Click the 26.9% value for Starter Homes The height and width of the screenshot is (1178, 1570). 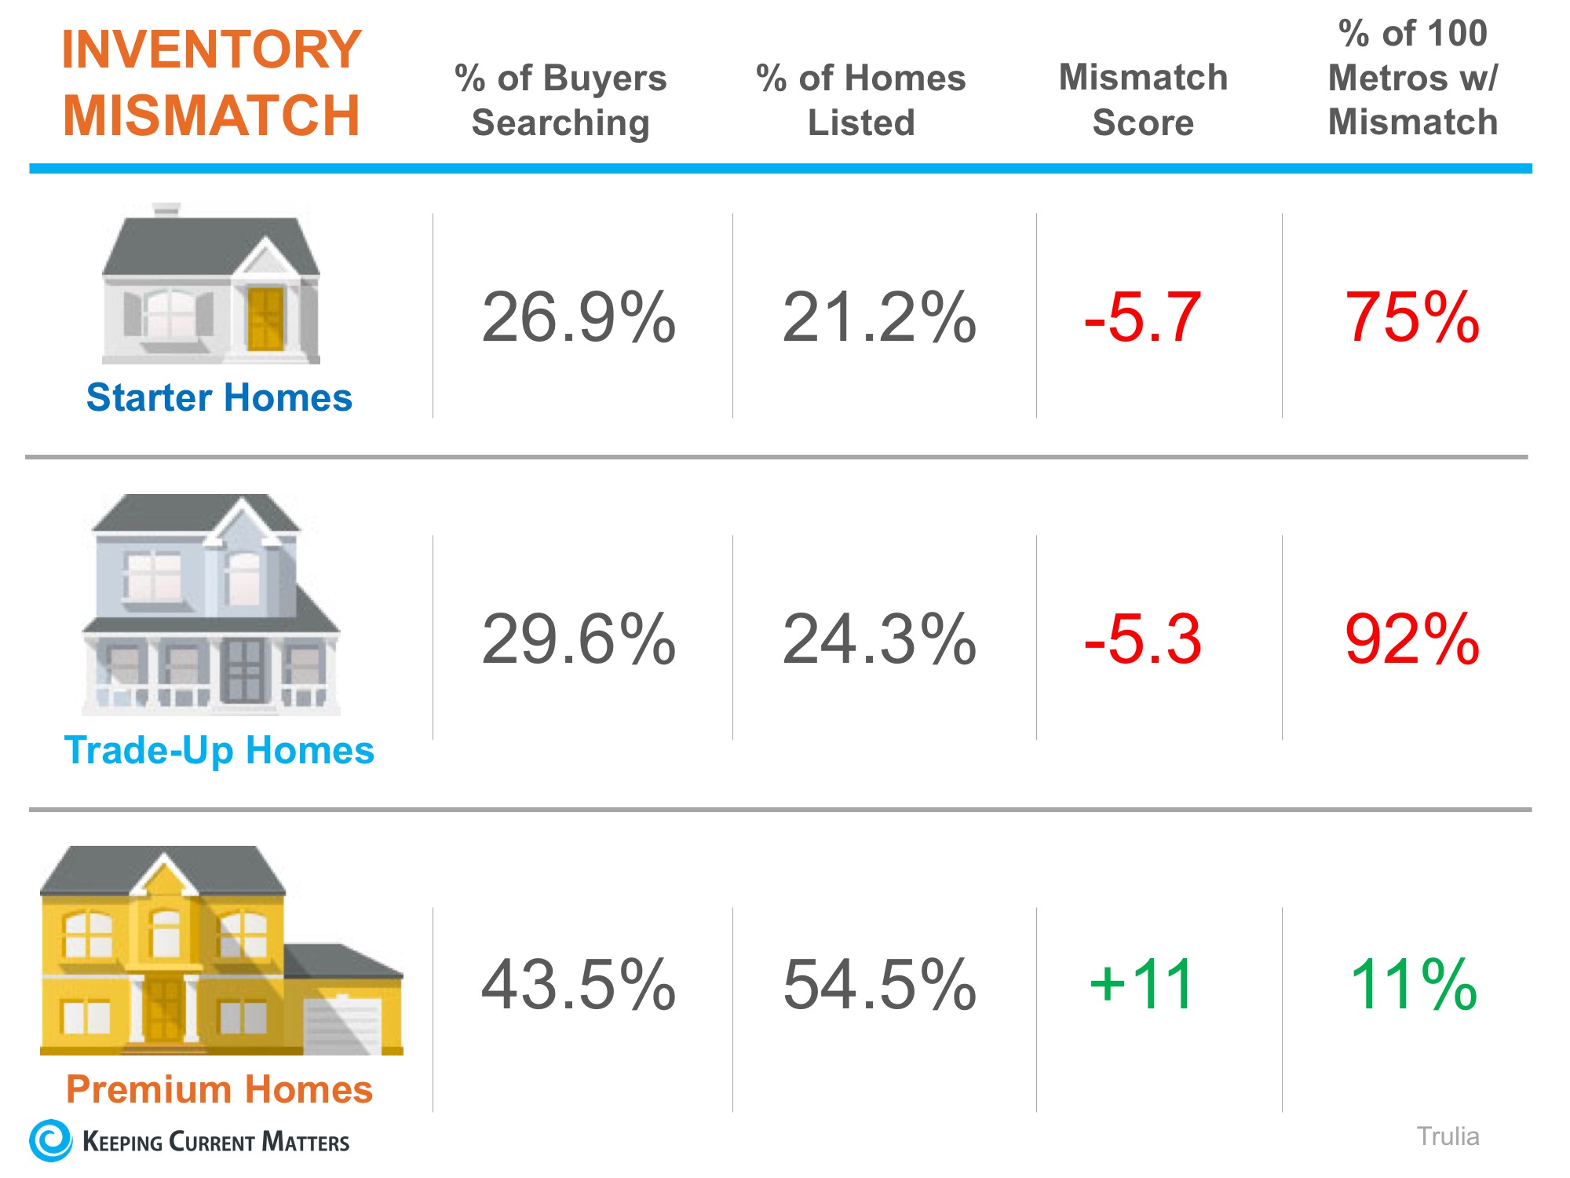click(579, 317)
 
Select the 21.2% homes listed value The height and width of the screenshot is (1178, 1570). click(879, 317)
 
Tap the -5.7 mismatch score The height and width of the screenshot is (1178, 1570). click(1142, 317)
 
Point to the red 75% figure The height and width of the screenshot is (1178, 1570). click(1411, 317)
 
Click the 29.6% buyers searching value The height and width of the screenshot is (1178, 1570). click(579, 639)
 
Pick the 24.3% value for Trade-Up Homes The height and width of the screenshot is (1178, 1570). click(879, 639)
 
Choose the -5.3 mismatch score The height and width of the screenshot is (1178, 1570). click(1142, 639)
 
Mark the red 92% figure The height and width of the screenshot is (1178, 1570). click(1411, 639)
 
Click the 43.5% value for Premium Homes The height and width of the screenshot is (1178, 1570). click(579, 985)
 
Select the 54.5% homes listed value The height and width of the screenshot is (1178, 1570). click(879, 985)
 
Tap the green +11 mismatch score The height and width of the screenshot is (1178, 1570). click(1142, 985)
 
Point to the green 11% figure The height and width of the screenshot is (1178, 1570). click(1413, 985)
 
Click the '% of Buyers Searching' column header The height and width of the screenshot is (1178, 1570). click(560, 101)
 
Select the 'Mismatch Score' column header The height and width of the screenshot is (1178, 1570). click(1143, 100)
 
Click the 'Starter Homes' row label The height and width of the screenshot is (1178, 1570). click(219, 397)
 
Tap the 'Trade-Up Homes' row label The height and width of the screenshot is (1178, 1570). click(219, 750)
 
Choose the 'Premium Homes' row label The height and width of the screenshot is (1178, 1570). click(219, 1089)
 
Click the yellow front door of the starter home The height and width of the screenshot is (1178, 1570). click(265, 319)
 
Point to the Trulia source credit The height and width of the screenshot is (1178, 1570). click(1448, 1136)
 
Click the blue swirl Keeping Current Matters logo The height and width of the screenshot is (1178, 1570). click(51, 1140)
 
